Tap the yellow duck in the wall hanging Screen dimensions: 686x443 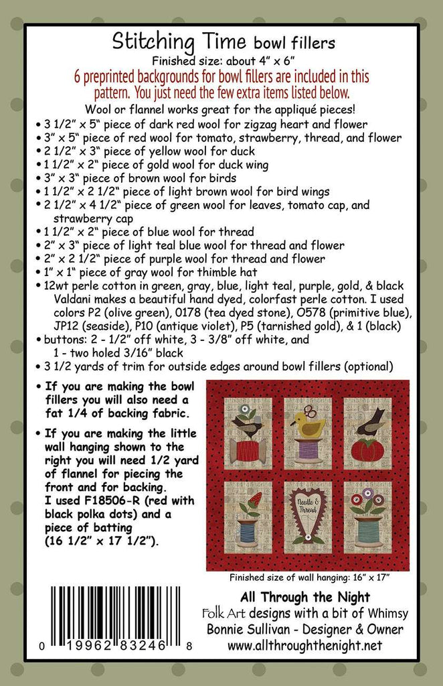(x=307, y=424)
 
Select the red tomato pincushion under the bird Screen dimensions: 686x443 (x=371, y=450)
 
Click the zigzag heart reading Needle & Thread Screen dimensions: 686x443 (x=308, y=515)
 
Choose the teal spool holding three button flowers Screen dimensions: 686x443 (x=369, y=529)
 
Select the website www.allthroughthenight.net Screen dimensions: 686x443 (x=304, y=646)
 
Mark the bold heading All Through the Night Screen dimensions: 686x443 (x=304, y=596)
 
